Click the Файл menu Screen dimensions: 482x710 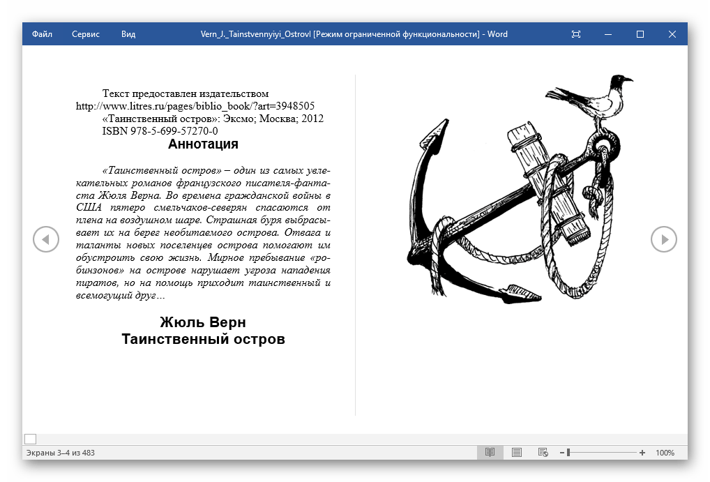(42, 34)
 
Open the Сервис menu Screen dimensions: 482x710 (86, 34)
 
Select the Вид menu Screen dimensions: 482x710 (128, 34)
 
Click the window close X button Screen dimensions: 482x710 (672, 34)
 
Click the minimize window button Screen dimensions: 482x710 (608, 34)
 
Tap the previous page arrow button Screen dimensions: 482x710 (46, 239)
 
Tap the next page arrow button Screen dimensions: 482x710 (664, 239)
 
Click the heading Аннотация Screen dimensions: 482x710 (203, 144)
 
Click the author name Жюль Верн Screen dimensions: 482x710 (203, 322)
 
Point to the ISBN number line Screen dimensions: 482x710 (160, 131)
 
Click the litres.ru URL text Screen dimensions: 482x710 (195, 106)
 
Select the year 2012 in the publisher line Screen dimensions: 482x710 (312, 119)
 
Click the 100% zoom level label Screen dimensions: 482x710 (665, 453)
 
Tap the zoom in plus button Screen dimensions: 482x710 (642, 453)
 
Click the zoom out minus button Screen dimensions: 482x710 (560, 453)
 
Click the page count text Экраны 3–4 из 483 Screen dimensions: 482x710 (60, 453)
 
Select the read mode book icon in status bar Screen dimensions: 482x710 (490, 453)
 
